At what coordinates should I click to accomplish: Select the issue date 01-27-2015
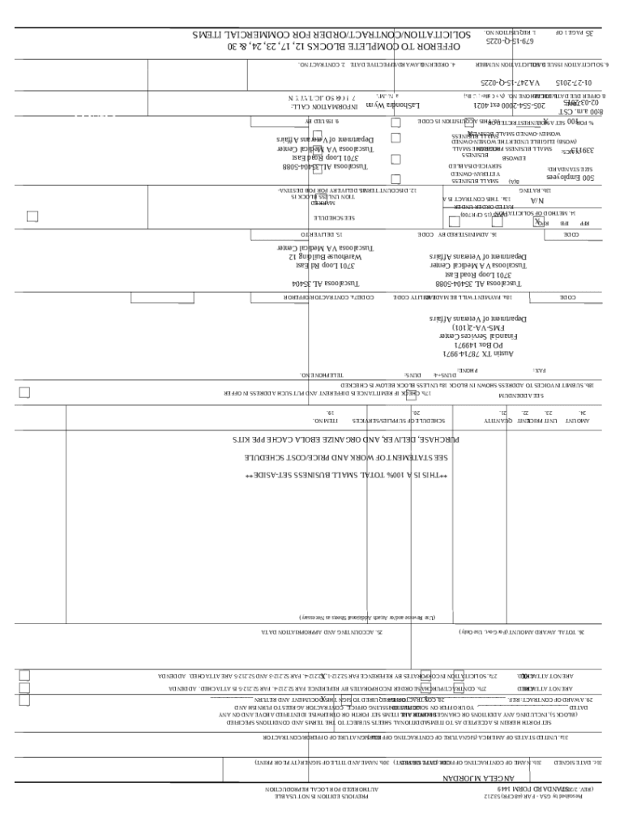click(x=573, y=83)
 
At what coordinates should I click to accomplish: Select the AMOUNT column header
click(x=576, y=421)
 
